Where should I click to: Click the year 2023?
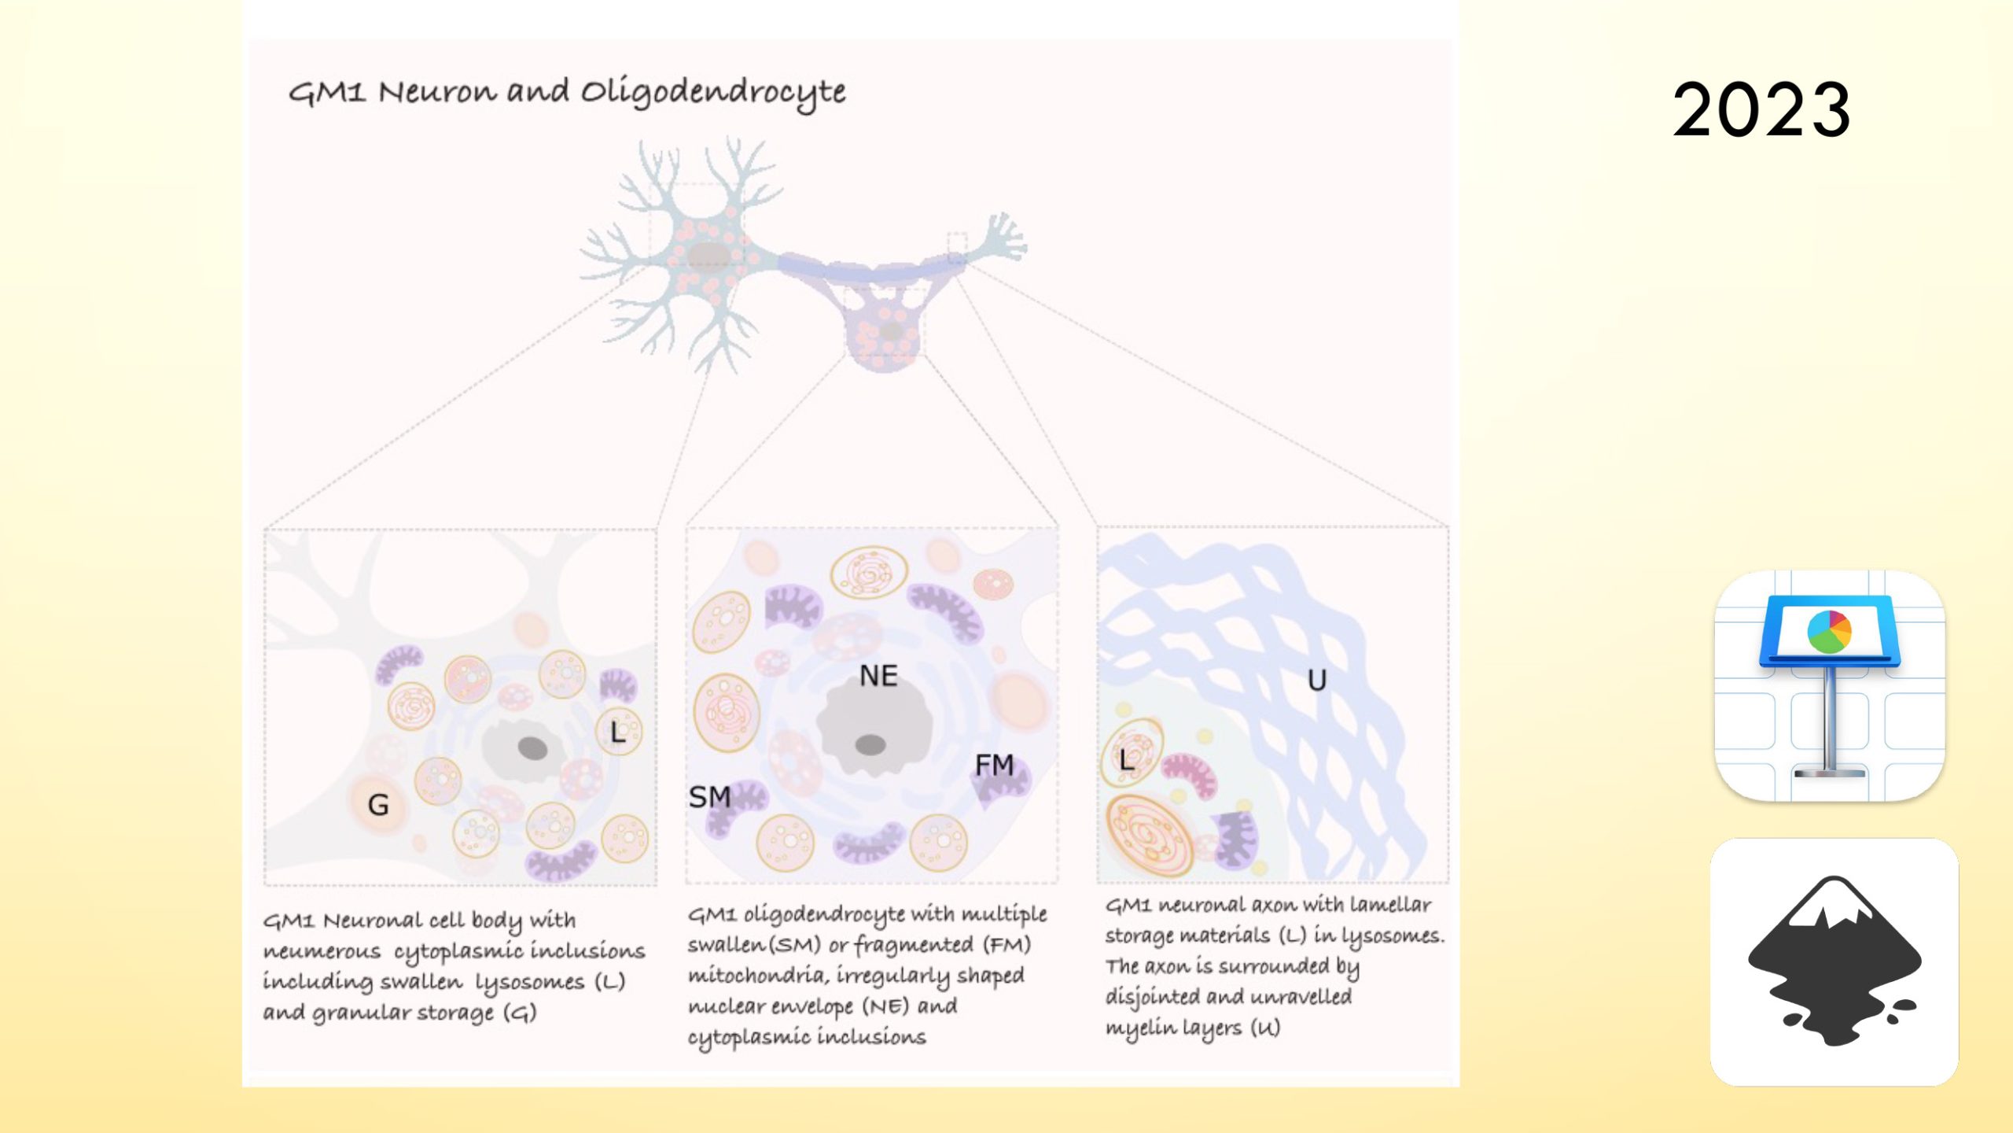(1761, 110)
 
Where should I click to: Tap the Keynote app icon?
(1830, 686)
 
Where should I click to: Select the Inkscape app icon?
(1834, 961)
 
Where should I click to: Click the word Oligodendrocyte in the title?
(713, 93)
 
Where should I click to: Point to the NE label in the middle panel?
(878, 676)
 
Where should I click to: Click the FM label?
(994, 765)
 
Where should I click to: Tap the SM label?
(709, 797)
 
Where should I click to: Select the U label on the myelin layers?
(1317, 680)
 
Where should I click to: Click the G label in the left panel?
(378, 805)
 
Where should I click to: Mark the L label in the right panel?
(1127, 760)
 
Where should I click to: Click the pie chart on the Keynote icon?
(1830, 631)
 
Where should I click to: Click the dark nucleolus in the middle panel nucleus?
(870, 744)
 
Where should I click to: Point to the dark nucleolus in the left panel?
(532, 747)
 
